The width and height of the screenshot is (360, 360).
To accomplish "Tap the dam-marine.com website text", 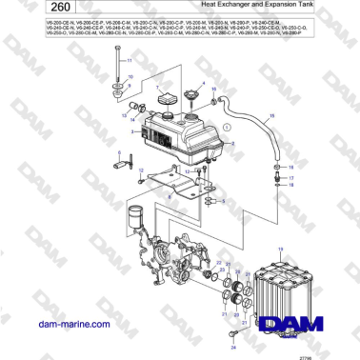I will pos(58,325).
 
